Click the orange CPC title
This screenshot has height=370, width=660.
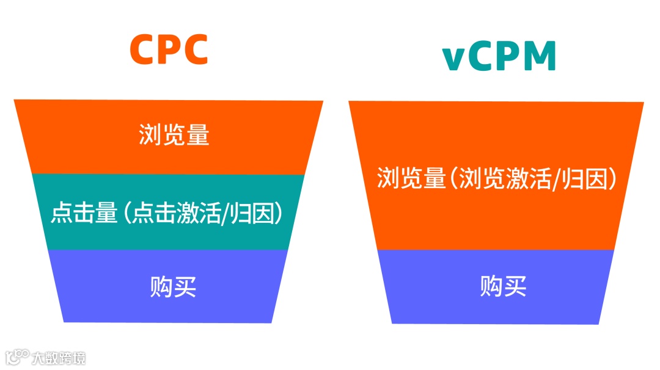[x=169, y=50]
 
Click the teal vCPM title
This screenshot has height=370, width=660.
[x=500, y=57]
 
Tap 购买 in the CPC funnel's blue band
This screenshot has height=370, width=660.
[x=174, y=286]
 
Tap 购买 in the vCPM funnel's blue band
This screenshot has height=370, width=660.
[x=504, y=286]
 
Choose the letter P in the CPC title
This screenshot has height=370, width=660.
[x=170, y=50]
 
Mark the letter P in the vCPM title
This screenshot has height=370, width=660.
[x=506, y=57]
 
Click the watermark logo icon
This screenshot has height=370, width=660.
[x=16, y=356]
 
